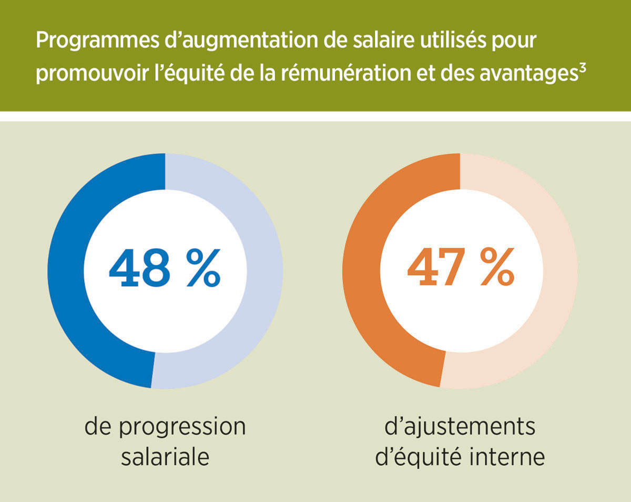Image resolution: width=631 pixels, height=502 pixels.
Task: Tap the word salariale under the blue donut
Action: [x=165, y=456]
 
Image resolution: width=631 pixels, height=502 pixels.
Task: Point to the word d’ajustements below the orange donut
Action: [x=460, y=427]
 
